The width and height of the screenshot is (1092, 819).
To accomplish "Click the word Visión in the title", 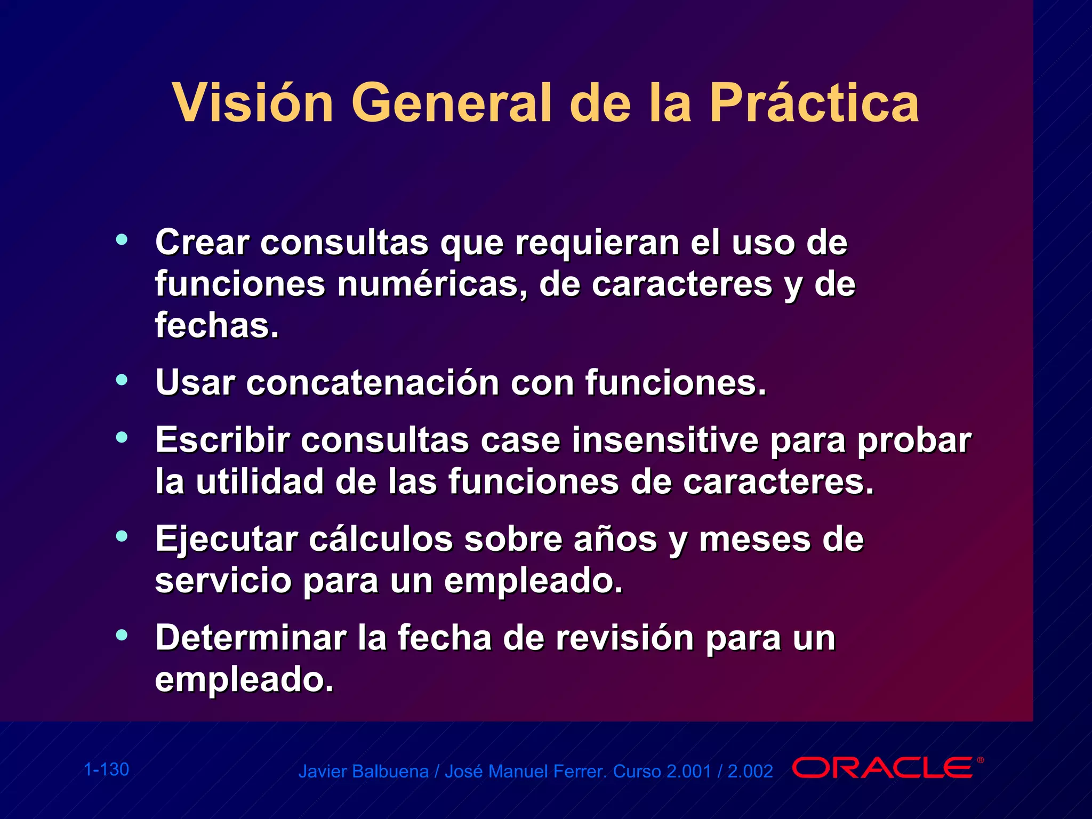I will point(253,103).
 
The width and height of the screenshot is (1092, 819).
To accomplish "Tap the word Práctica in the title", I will point(814,103).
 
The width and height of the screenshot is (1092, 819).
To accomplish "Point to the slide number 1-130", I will point(107,769).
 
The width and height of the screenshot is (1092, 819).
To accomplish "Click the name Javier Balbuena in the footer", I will point(363,772).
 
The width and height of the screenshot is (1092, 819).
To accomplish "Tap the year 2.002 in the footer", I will point(750,772).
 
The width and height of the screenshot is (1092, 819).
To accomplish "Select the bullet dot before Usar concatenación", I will point(122,380).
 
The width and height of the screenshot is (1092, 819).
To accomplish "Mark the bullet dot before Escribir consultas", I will point(122,438).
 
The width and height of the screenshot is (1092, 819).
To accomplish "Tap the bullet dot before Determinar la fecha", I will point(122,635).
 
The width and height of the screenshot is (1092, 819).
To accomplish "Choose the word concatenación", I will point(372,382).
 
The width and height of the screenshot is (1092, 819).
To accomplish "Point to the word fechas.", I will point(216,325).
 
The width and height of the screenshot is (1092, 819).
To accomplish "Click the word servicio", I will point(223,580).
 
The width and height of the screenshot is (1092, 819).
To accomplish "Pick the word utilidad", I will point(260,481).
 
